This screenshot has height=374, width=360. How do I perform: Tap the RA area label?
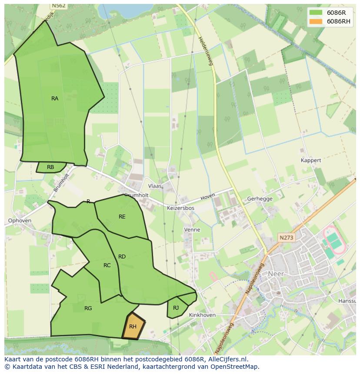55,99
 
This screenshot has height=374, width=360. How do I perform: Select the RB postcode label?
50,167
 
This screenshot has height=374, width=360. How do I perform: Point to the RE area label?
122,216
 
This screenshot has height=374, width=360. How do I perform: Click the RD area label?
122,257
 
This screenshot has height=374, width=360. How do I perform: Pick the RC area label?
107,265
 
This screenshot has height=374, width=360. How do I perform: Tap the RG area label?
88,308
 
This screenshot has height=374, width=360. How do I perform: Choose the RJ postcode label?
176,308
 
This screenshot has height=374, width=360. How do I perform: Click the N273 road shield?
287,238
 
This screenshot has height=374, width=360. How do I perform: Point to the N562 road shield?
58,6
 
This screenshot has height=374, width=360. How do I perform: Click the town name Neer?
276,274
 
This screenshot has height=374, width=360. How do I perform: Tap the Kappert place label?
311,160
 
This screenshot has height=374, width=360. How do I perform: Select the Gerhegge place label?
260,199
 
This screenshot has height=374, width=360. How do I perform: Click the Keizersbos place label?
180,208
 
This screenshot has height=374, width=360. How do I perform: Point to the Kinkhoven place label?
203,315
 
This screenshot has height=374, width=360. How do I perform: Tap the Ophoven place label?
20,221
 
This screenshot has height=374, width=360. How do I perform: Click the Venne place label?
192,229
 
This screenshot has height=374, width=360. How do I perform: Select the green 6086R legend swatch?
316,13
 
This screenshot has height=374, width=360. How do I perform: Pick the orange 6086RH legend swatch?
316,21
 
